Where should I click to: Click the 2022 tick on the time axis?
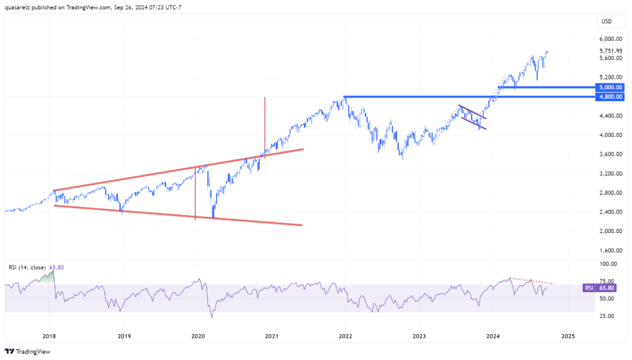(345, 337)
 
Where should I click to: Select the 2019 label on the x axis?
(124, 337)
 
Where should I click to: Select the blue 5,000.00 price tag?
(610, 87)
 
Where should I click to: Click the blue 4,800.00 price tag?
(610, 97)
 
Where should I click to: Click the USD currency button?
(606, 22)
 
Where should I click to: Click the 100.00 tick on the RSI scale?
(607, 264)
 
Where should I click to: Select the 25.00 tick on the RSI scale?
(607, 316)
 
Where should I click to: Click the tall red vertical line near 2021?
(265, 123)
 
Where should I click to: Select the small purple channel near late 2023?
(473, 118)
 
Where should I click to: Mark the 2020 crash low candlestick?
(213, 217)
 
